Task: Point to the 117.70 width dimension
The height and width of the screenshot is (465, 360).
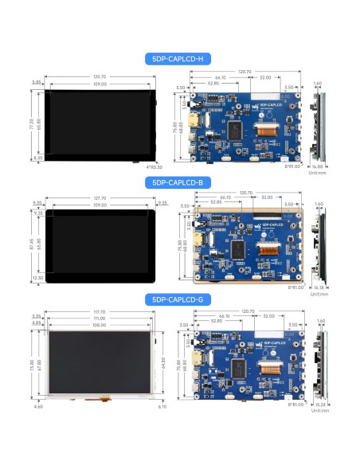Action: pos(100,311)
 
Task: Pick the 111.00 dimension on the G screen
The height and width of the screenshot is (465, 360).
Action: pos(100,318)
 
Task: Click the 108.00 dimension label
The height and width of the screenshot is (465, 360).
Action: pos(100,325)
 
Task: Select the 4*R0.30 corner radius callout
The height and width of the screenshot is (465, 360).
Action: pos(154,166)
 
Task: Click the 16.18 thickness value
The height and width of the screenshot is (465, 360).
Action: pos(319,287)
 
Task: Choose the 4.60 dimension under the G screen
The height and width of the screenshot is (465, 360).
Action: pos(39,407)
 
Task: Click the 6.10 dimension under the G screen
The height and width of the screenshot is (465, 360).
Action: pos(163,407)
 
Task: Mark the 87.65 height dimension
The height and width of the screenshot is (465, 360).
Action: pos(33,243)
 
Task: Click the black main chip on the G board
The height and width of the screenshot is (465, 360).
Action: pos(237,367)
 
